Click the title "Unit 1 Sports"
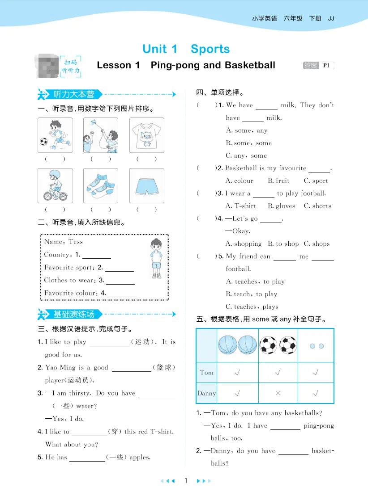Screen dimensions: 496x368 186,49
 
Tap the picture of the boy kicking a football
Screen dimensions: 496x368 55,135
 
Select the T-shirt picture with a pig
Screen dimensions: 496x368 146,135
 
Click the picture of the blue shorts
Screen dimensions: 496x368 146,185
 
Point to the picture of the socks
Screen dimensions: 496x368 100,185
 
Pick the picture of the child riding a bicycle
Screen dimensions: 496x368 55,185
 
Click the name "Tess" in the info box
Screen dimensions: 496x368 76,242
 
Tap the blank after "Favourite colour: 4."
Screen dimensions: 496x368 122,294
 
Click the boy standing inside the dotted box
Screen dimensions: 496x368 156,258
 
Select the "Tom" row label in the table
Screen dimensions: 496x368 206,373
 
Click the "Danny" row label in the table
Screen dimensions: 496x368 206,393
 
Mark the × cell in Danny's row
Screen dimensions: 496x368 278,393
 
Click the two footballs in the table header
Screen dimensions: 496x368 278,345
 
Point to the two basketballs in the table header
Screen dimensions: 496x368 237,345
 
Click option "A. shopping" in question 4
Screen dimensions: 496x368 244,244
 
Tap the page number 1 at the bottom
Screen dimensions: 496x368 186,481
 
